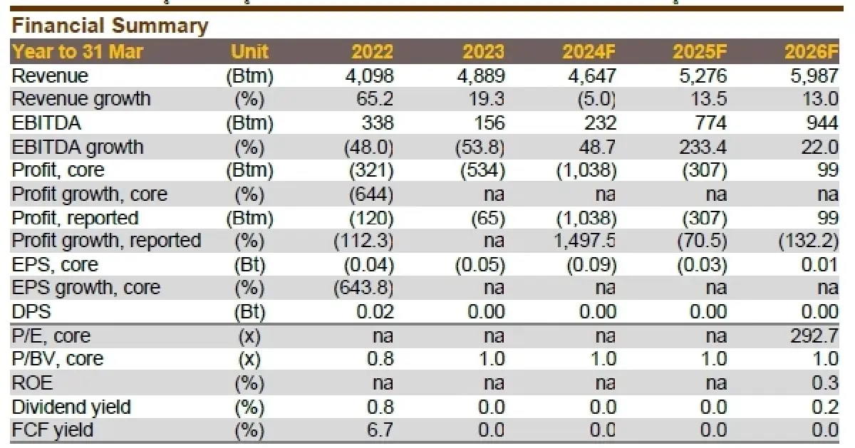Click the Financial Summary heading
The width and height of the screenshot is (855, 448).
[110, 26]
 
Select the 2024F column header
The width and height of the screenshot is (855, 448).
[589, 52]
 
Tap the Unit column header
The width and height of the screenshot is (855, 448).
[249, 52]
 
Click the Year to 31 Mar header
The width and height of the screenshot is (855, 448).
[78, 52]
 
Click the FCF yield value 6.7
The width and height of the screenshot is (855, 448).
[379, 430]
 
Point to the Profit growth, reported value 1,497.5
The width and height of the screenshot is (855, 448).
[584, 241]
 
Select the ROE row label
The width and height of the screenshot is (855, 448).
[32, 382]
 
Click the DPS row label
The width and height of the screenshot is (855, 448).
[32, 312]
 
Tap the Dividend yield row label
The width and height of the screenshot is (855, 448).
[71, 407]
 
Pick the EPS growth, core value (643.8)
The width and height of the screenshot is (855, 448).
[363, 288]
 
